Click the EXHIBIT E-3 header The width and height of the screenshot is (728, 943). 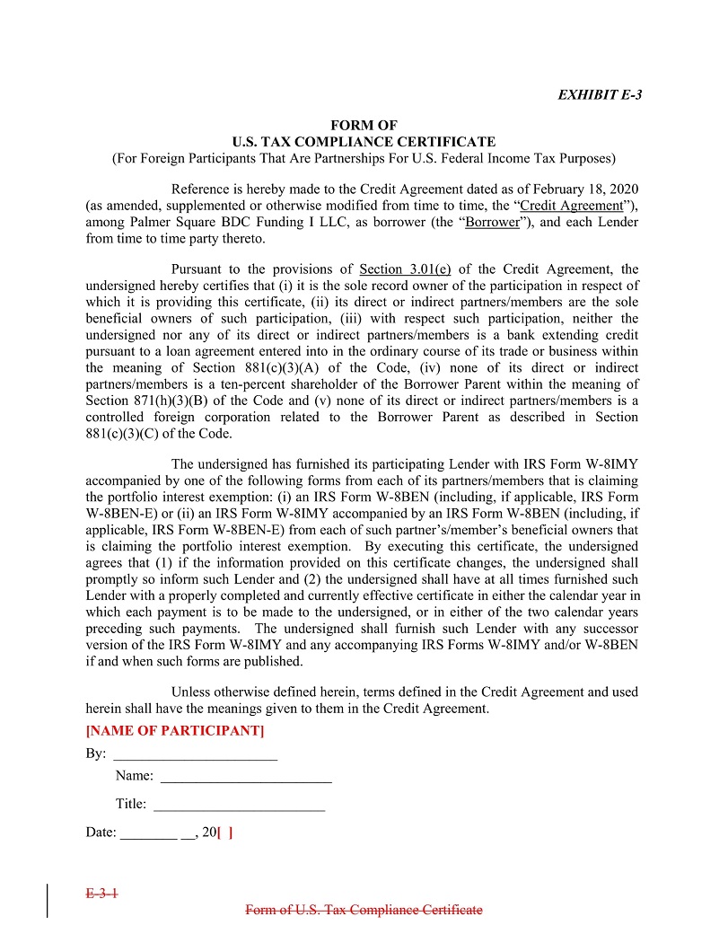(x=600, y=94)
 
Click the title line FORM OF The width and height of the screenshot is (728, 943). (x=364, y=126)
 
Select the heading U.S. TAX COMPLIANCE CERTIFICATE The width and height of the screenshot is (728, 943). (x=364, y=142)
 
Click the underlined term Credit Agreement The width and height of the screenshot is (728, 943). (x=571, y=206)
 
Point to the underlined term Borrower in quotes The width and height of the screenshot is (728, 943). (x=493, y=222)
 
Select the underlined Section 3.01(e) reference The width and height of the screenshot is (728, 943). (x=405, y=269)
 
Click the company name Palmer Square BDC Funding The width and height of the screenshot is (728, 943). (x=207, y=222)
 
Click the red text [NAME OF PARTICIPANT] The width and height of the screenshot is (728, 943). (x=175, y=730)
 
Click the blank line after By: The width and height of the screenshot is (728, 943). (x=195, y=754)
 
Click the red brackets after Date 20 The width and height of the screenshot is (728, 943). (x=225, y=833)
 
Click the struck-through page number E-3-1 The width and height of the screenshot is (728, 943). (x=102, y=894)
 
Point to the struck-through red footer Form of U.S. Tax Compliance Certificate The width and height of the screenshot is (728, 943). (x=364, y=910)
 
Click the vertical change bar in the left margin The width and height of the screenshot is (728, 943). (x=47, y=901)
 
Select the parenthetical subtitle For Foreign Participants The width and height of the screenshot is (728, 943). (x=364, y=159)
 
